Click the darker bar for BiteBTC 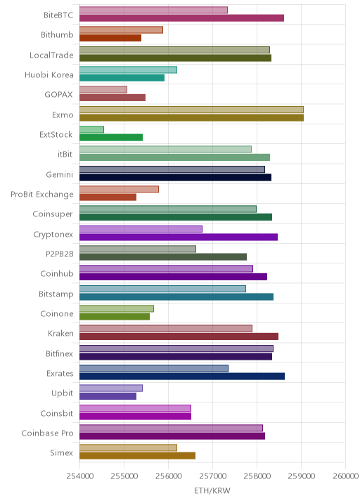coord(182,18)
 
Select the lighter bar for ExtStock coord(91,129)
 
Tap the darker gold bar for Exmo coord(191,118)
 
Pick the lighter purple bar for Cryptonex coord(141,229)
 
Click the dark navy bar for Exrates coord(182,377)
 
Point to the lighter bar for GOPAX coord(103,89)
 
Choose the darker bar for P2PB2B coord(163,257)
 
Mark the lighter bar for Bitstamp coord(162,289)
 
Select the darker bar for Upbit coord(108,396)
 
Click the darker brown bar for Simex coord(137,456)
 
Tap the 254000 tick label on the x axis coord(80,476)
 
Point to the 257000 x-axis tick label coord(212,476)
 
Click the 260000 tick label coord(345,476)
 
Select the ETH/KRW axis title coord(212,491)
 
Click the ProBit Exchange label coord(42,195)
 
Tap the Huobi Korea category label coord(49,74)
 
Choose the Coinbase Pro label coord(48,433)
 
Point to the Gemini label coord(59,174)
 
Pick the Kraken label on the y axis coord(60,333)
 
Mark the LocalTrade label coord(51,55)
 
